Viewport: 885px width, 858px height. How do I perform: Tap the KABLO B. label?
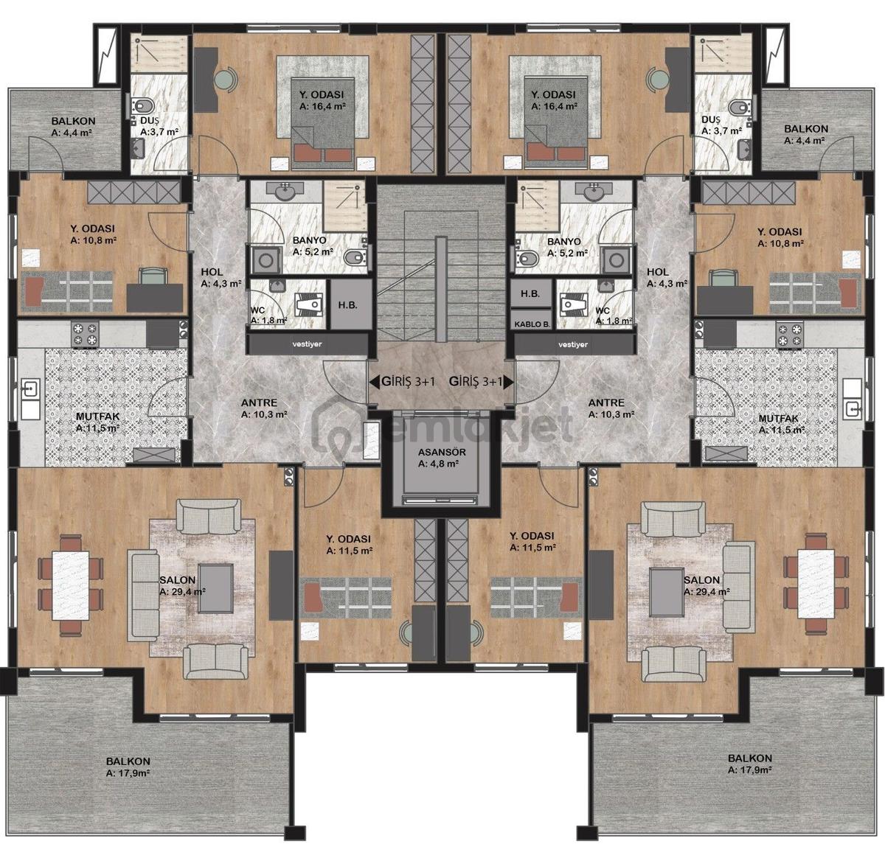(x=532, y=324)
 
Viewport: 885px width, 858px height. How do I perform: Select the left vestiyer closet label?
(x=307, y=344)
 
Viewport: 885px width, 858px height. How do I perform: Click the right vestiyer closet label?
(x=573, y=344)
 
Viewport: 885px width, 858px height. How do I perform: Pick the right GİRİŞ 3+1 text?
(x=475, y=382)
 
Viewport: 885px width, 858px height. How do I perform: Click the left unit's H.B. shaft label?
(x=347, y=305)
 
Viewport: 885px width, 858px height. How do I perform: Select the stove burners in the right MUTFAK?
(x=790, y=335)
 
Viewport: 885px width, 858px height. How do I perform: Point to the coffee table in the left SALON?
(x=216, y=587)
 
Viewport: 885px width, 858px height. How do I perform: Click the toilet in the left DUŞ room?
(x=143, y=106)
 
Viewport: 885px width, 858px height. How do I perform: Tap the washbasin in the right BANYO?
(x=596, y=192)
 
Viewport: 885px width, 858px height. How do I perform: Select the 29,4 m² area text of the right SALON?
(x=707, y=592)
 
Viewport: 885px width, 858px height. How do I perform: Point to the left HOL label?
(x=212, y=272)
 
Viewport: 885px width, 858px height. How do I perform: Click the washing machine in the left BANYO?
(x=264, y=260)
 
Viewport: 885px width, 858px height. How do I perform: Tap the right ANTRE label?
(x=606, y=402)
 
